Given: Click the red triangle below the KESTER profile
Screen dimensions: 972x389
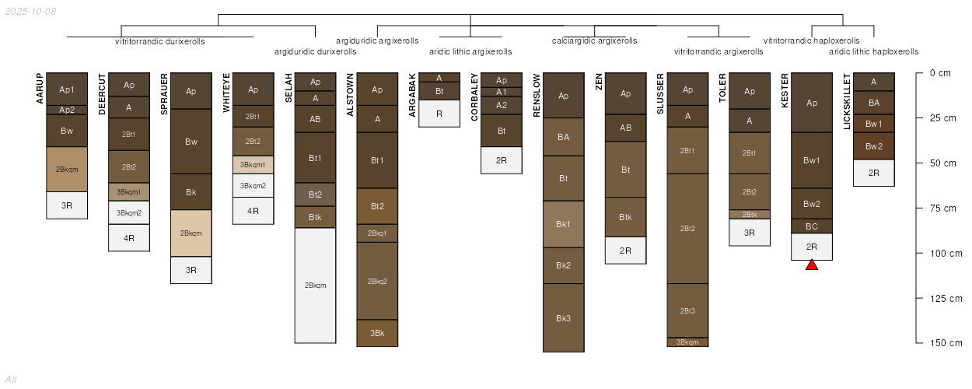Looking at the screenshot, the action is point(812,265).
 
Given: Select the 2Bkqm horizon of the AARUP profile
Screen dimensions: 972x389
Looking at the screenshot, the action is point(67,170).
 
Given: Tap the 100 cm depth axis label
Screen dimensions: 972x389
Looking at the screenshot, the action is point(946,254).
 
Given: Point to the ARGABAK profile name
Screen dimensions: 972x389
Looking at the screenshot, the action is point(412,95).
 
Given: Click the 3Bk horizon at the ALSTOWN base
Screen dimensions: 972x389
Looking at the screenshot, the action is point(377,333).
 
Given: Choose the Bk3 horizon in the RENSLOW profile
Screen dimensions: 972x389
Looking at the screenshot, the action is point(563,317).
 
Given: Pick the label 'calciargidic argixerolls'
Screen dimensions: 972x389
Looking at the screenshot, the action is point(594,40).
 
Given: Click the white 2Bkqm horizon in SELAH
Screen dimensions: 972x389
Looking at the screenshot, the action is point(315,286).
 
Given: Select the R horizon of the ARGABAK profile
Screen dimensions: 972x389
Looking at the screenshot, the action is point(439,114).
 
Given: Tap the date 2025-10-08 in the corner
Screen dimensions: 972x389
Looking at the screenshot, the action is point(30,12).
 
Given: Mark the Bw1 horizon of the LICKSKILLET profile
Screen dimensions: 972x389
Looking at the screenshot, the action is point(873,124).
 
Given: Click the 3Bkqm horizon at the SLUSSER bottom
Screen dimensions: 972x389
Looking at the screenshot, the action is point(687,342).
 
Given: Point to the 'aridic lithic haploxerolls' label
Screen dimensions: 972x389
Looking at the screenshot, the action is point(873,51).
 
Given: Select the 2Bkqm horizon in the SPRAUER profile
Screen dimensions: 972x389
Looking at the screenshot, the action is point(191,233).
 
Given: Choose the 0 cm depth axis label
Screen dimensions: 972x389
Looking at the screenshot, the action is point(940,73).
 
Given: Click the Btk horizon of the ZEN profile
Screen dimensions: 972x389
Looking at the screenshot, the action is point(625,217).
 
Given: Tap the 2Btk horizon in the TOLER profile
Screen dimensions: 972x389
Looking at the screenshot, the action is point(750,215).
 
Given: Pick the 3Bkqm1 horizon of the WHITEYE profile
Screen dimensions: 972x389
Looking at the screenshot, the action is point(253,165).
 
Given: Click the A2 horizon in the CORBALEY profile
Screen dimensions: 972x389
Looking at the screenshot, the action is point(502,105).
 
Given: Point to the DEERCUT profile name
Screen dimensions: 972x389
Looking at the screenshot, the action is point(102,94).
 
